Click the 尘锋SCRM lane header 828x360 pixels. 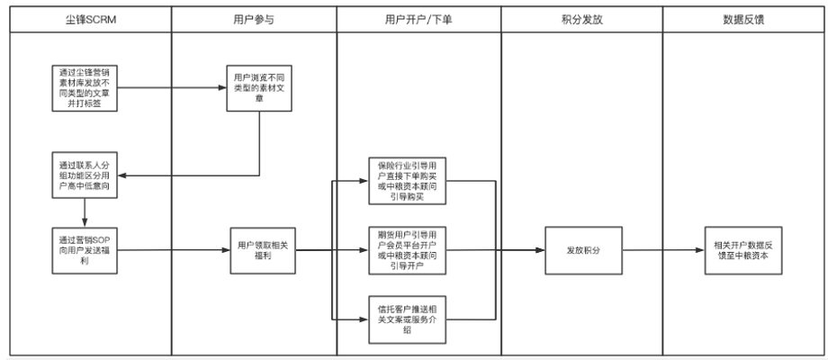(85, 18)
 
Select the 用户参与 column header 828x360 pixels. (252, 18)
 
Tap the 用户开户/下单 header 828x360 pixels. (418, 18)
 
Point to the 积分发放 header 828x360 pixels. (580, 18)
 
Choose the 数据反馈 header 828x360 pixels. (743, 18)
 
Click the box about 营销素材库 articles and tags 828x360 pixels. (85, 88)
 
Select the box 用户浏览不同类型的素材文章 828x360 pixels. (259, 88)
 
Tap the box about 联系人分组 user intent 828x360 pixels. (85, 175)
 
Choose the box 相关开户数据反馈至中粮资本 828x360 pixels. (746, 249)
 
